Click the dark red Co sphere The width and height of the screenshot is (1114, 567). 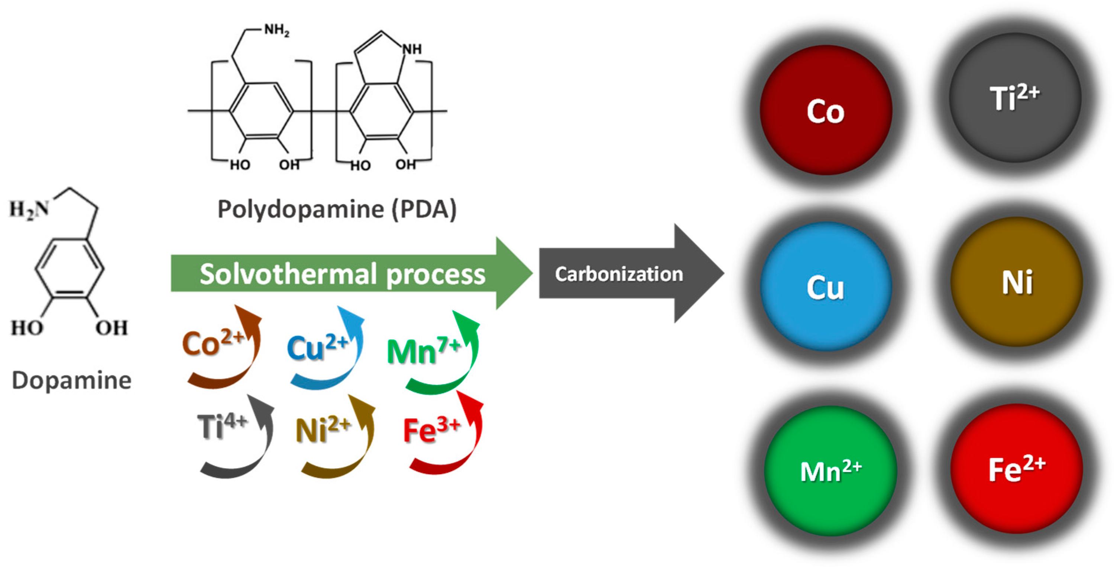pyautogui.click(x=826, y=111)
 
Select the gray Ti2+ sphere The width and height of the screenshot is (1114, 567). pyautogui.click(x=1014, y=98)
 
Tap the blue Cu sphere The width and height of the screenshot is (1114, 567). pyautogui.click(x=826, y=287)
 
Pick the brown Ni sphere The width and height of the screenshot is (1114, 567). pyautogui.click(x=1017, y=282)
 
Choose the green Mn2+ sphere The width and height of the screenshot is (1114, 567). pyautogui.click(x=830, y=471)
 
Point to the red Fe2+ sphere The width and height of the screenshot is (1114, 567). pyautogui.click(x=1016, y=469)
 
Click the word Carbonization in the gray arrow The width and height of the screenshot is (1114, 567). pyautogui.click(x=619, y=274)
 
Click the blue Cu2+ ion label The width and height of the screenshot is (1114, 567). pyautogui.click(x=317, y=348)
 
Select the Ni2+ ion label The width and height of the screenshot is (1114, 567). pyautogui.click(x=322, y=430)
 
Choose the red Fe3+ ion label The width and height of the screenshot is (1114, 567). pyautogui.click(x=431, y=430)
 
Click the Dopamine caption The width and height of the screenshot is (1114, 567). pyautogui.click(x=71, y=380)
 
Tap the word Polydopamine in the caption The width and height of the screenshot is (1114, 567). pyautogui.click(x=301, y=209)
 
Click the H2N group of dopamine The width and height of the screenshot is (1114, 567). pyautogui.click(x=29, y=209)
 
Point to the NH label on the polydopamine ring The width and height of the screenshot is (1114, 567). pyautogui.click(x=412, y=49)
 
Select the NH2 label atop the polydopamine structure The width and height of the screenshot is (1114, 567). pyautogui.click(x=277, y=30)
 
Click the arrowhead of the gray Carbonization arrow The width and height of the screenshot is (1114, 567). pyautogui.click(x=699, y=273)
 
